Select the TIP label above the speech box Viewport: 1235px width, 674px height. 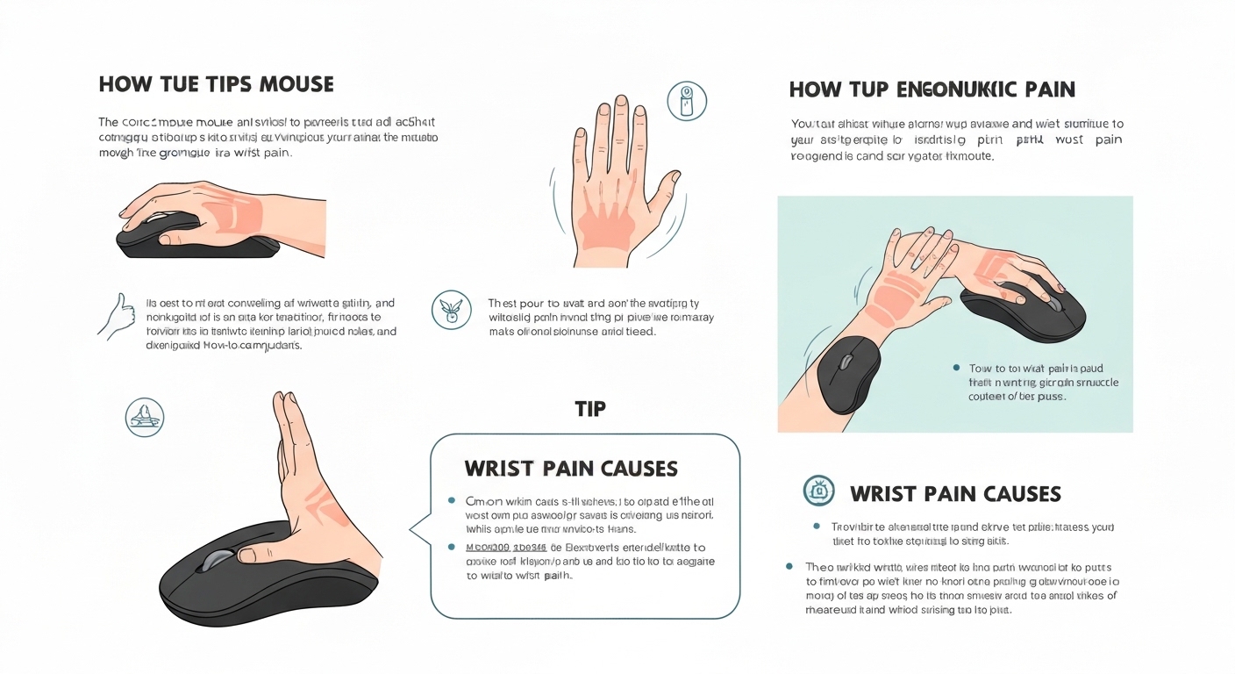pyautogui.click(x=590, y=409)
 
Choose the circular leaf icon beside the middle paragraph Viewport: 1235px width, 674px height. pyautogui.click(x=451, y=310)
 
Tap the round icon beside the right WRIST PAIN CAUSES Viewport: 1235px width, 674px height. pyautogui.click(x=818, y=491)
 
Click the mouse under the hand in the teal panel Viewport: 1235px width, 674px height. pyautogui.click(x=1026, y=308)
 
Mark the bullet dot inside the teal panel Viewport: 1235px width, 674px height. pyautogui.click(x=956, y=369)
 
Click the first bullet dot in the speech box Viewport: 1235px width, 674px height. pyautogui.click(x=451, y=500)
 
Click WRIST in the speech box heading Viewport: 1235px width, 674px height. pyautogui.click(x=502, y=469)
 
